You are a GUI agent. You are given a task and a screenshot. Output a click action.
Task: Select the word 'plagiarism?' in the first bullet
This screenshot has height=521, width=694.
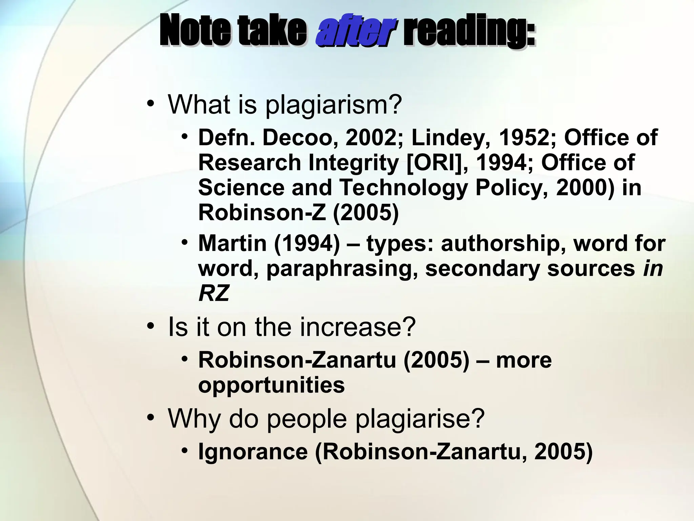[x=333, y=104]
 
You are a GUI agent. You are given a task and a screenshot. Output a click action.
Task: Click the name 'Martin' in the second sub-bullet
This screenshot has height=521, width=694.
[x=232, y=243]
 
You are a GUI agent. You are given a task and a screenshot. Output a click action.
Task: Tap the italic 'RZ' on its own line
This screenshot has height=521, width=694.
[x=214, y=293]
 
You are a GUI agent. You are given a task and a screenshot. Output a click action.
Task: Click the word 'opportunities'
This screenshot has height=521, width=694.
[x=271, y=385]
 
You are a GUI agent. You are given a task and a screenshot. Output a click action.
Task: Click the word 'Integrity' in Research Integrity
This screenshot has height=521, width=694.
[x=353, y=163]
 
